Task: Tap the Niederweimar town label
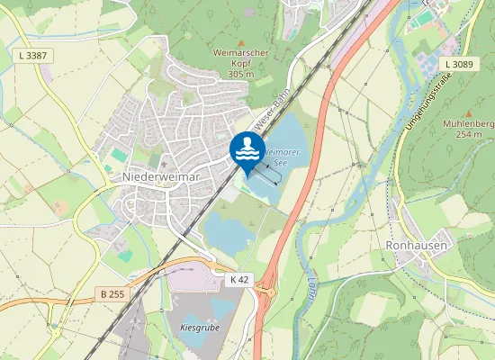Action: pos(161,177)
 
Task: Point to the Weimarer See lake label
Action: pos(283,159)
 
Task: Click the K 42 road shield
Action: pos(238,280)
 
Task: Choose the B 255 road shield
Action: pos(112,294)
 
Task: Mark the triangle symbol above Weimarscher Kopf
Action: pos(240,42)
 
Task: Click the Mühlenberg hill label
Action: pos(469,124)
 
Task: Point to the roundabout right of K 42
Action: pos(266,290)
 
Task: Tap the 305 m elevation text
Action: pos(241,73)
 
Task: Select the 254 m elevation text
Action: pos(469,135)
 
